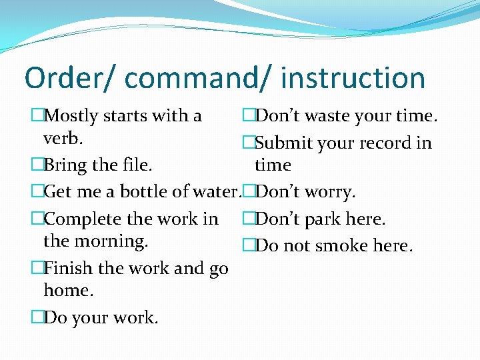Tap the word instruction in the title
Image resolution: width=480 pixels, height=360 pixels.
point(353,78)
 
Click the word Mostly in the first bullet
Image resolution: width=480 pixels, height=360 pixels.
point(70,116)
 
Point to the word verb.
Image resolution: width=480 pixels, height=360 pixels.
point(62,139)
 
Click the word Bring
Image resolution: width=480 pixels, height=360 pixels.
point(65,165)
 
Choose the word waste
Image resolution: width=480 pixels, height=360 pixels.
point(329,116)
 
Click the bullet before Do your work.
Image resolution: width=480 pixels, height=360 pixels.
point(37,318)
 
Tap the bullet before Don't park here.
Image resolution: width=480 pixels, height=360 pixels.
point(249,219)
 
